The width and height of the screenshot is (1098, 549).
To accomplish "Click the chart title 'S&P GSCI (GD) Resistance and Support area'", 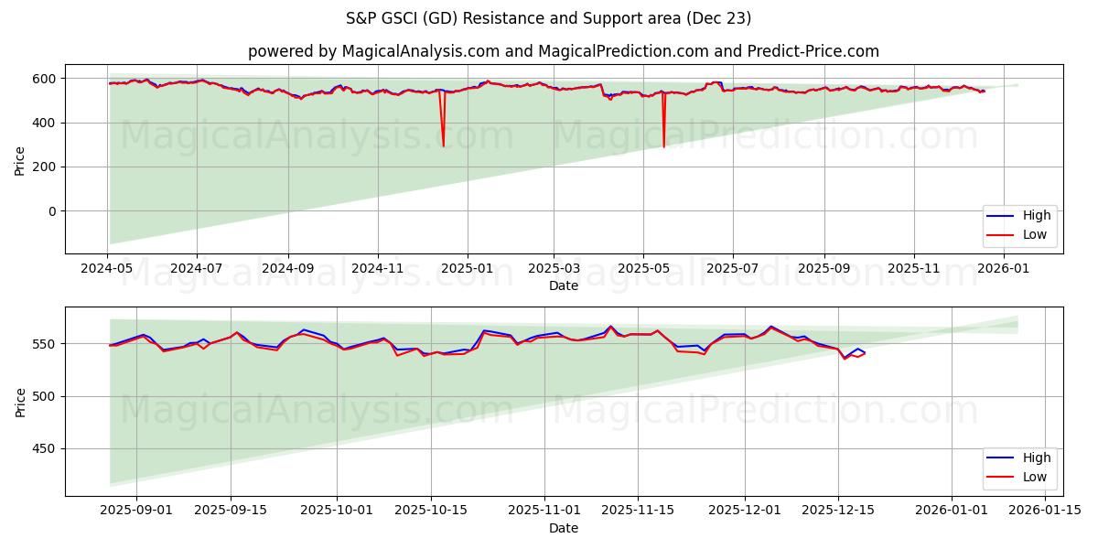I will (x=549, y=18).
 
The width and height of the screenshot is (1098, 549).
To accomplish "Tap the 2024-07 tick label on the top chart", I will (x=197, y=269).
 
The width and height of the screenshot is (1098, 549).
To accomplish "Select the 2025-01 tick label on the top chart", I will (x=467, y=269).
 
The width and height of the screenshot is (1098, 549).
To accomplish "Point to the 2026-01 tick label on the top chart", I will (x=1004, y=269).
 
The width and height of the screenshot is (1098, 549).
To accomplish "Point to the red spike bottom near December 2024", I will (x=444, y=145).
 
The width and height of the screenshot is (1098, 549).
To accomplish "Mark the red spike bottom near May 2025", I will (x=663, y=146).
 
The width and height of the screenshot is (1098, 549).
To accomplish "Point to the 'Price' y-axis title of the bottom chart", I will (x=20, y=401).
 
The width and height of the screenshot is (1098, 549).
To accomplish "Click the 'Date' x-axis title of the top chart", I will (x=563, y=285).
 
